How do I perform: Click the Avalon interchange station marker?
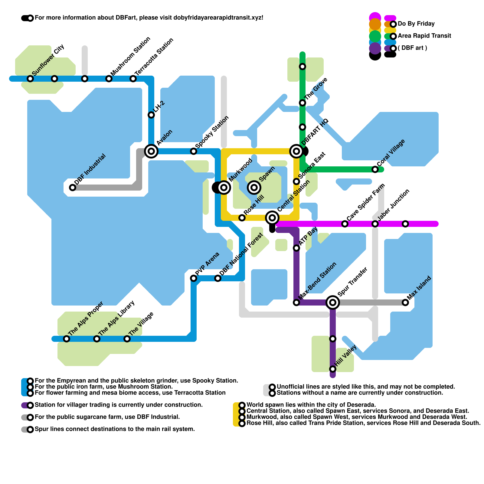coord(151,151)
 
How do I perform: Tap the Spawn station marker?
coord(254,188)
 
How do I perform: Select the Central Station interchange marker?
coord(272,218)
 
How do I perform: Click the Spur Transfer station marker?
coord(333,302)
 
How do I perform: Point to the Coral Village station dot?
coord(375,169)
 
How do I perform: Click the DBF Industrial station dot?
coord(73,188)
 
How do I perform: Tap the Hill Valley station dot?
coord(333,369)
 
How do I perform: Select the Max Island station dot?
coord(405,302)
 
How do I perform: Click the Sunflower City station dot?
coord(30,79)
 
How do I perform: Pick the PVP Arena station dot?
coord(194,278)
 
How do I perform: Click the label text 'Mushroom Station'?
coord(131,56)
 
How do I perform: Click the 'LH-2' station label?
coord(159,107)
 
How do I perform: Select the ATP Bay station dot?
coord(296,248)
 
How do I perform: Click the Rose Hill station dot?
coord(242,218)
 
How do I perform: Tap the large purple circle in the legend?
coord(375,48)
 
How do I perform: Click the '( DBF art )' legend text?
coord(412,48)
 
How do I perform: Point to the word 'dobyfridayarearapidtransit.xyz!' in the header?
coord(218,18)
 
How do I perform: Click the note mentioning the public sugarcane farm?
coord(107,417)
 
